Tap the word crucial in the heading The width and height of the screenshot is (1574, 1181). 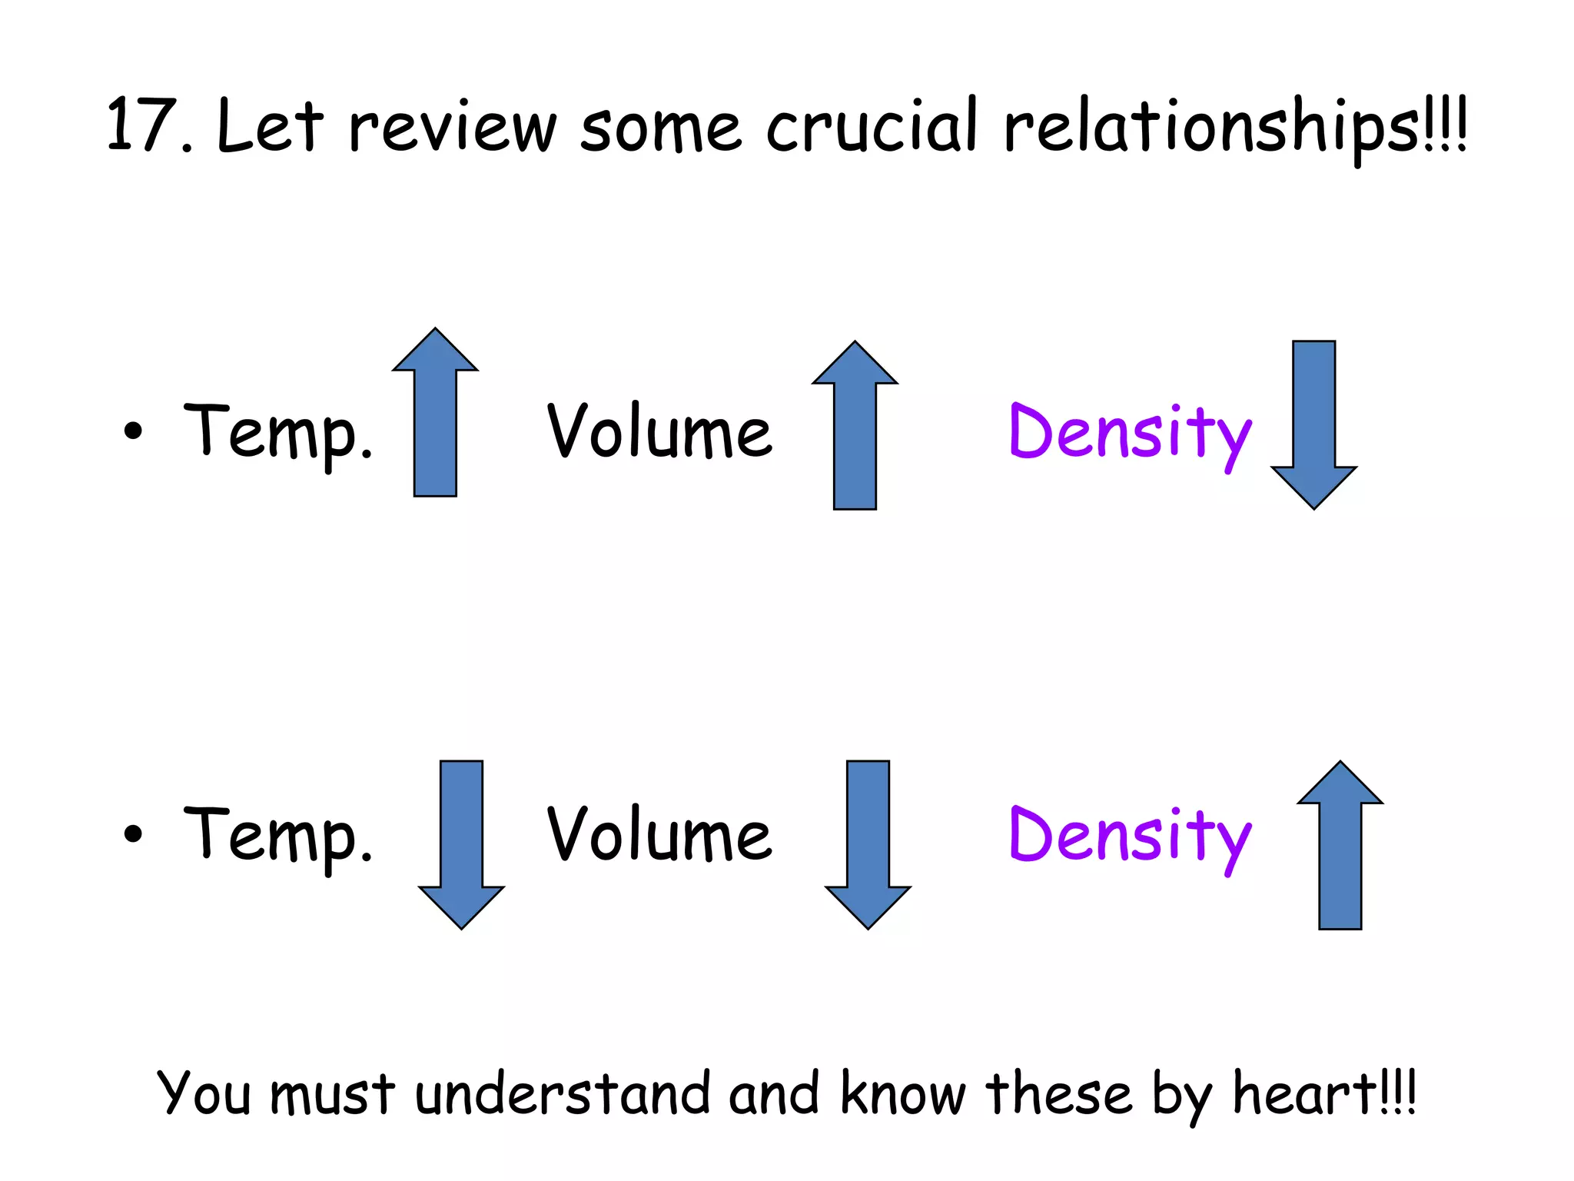point(872,126)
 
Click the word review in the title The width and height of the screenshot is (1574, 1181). point(452,126)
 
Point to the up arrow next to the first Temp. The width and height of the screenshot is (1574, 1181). point(435,413)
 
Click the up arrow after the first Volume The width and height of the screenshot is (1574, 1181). point(855,425)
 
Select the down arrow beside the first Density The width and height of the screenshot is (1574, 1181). point(1313,424)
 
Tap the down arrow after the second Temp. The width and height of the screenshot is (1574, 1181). point(461,844)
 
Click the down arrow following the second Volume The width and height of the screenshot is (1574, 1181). point(868,844)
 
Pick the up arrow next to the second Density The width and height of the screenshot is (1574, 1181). point(1340,845)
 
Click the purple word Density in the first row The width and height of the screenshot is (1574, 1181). point(1129,433)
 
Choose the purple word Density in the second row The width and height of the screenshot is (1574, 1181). point(1129,837)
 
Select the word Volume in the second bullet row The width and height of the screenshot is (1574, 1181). point(659,835)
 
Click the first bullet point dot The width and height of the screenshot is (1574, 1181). point(133,431)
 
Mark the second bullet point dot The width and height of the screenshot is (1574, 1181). point(133,833)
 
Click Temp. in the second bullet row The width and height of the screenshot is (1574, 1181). point(277,837)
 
